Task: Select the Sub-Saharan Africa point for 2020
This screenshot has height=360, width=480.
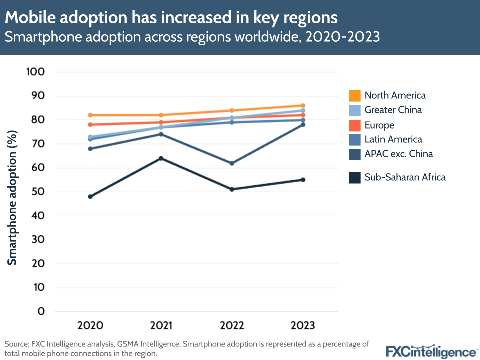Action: (90, 197)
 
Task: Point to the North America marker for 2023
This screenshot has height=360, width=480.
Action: (303, 105)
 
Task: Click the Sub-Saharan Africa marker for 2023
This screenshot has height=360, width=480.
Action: (303, 180)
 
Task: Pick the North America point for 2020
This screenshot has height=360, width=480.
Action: (90, 115)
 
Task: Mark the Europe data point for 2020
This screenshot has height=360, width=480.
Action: (90, 125)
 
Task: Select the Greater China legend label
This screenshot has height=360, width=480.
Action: (393, 110)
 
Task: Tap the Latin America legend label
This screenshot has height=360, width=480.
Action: (393, 139)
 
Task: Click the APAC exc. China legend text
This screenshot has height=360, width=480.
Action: (398, 154)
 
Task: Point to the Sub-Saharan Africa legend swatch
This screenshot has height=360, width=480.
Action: (355, 177)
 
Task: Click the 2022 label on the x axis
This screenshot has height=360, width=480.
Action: (232, 326)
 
